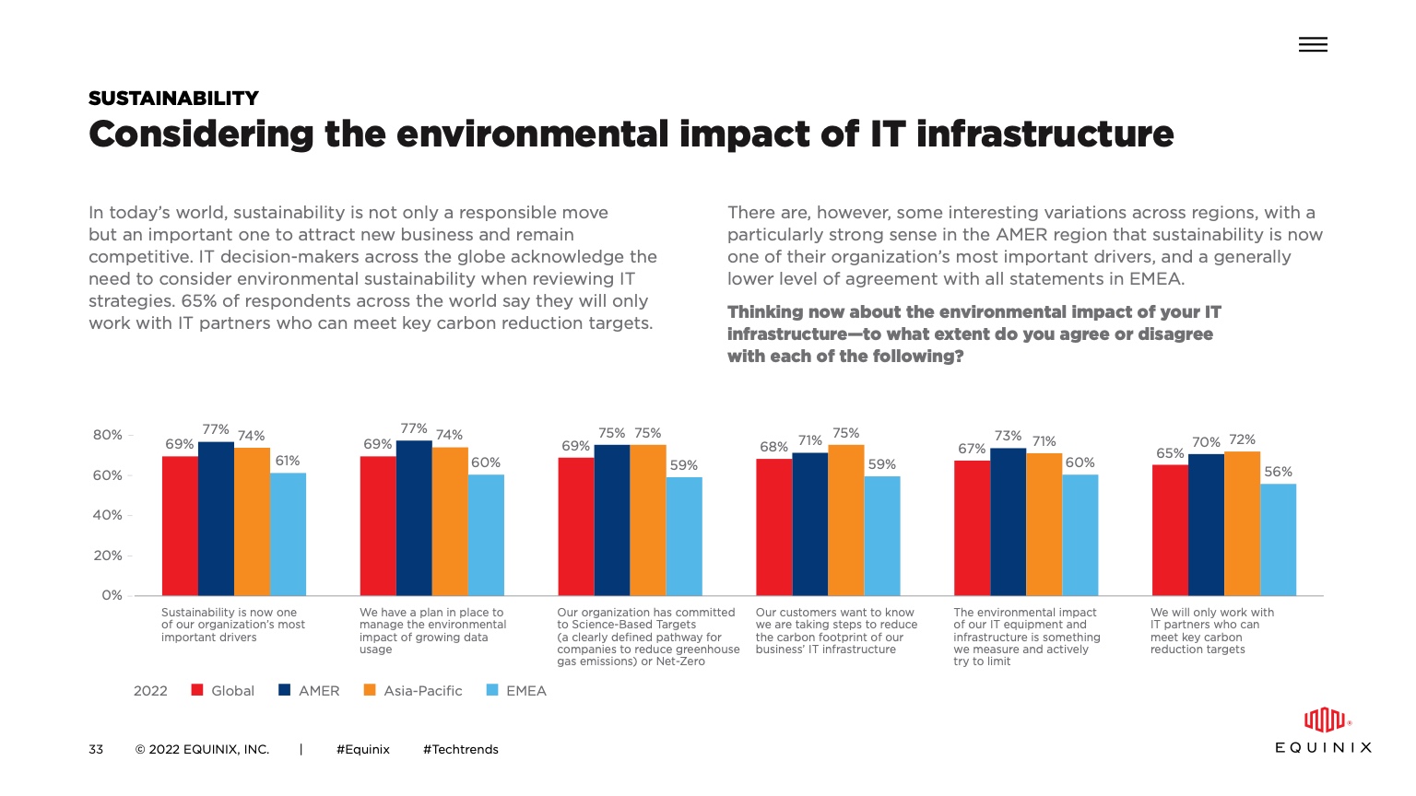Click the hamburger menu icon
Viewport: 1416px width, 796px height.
1313,44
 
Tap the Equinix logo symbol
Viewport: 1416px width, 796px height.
1324,720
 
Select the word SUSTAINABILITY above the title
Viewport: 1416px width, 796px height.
173,99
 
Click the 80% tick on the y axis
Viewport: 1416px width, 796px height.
108,435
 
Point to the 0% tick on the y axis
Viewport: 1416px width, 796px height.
112,595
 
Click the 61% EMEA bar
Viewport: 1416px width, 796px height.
288,534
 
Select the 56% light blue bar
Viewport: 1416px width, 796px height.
1278,540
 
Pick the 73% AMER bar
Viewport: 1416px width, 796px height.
1008,521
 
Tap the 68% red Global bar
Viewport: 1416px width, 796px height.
773,527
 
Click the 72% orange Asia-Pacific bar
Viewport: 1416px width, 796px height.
1242,523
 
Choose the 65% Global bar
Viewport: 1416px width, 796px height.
1170,530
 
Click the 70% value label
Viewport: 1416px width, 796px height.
1206,442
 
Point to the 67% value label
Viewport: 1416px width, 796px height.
972,449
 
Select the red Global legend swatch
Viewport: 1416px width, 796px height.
197,690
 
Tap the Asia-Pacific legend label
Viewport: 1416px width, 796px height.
422,691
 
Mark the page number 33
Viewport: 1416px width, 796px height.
96,749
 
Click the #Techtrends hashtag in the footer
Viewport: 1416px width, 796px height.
460,749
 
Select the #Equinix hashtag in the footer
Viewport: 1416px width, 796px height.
363,749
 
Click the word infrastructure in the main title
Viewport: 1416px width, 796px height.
1044,135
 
